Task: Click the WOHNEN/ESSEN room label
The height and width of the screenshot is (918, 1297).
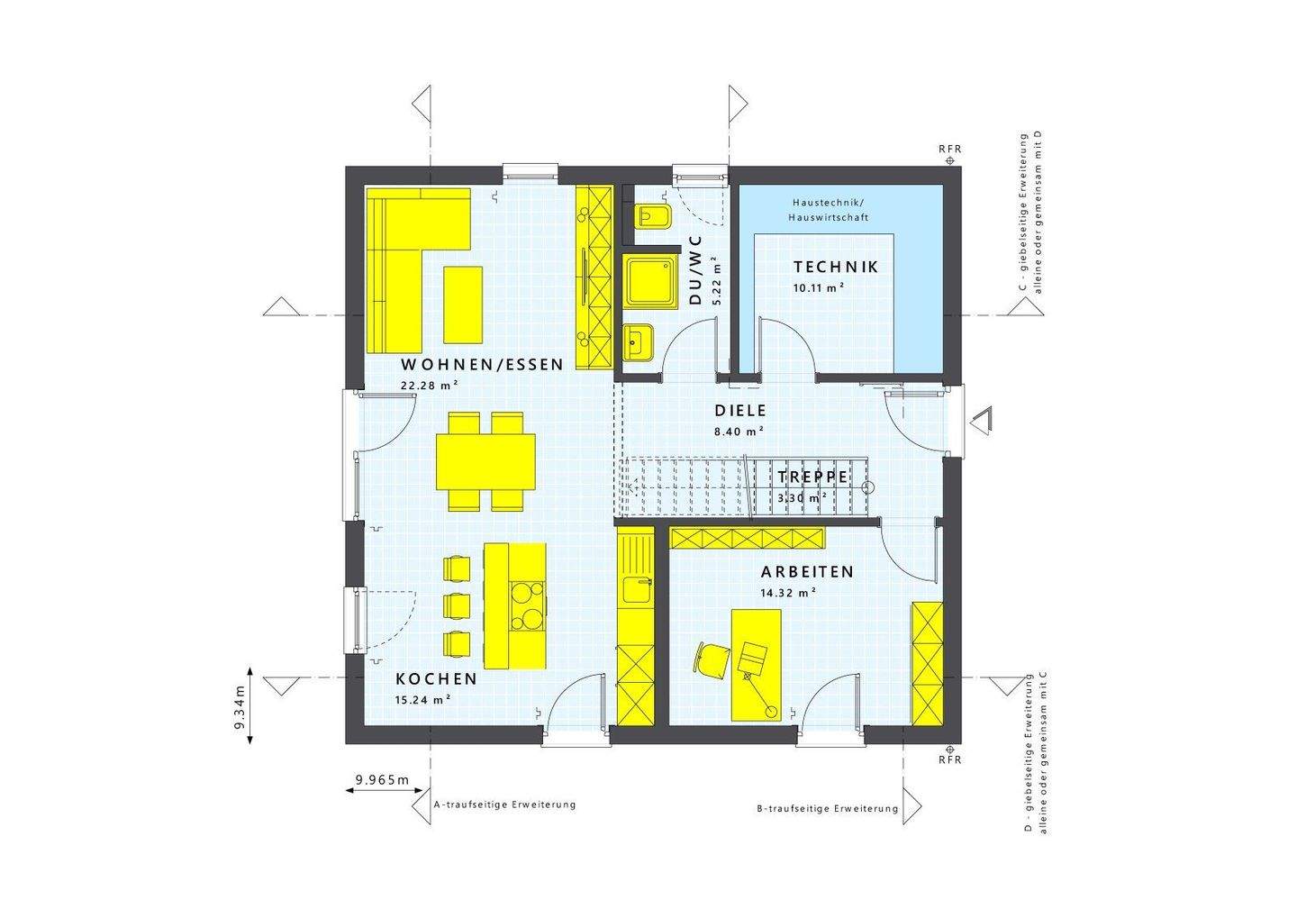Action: [x=481, y=365]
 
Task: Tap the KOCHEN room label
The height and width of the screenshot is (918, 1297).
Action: [x=436, y=679]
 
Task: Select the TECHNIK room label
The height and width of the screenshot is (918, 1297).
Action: [x=835, y=268]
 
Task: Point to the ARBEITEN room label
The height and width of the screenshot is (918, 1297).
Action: [x=807, y=572]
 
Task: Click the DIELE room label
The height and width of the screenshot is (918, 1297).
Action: [x=740, y=411]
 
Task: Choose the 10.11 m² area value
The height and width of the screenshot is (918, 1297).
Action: [x=818, y=287]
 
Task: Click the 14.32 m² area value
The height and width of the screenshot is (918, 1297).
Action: [x=788, y=592]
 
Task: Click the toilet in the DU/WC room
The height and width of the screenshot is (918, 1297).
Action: [x=648, y=217]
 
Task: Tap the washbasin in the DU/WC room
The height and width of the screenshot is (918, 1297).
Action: [x=639, y=341]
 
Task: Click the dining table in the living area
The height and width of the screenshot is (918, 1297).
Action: [x=485, y=459]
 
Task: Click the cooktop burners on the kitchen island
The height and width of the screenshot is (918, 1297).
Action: [x=528, y=605]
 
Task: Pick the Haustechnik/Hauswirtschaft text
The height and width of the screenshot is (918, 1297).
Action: [x=829, y=210]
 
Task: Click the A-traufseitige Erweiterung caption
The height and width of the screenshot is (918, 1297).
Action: [x=504, y=804]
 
